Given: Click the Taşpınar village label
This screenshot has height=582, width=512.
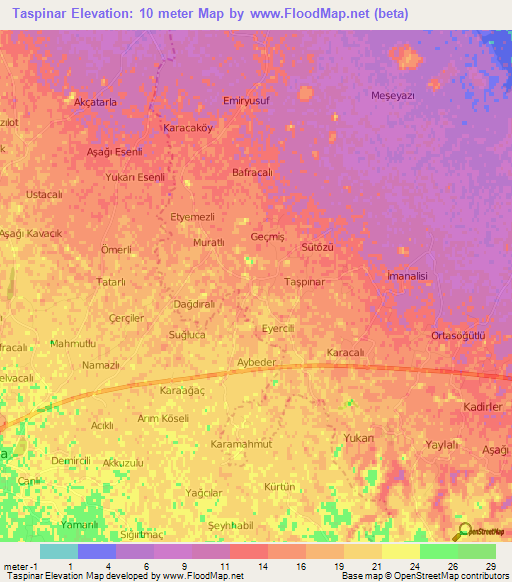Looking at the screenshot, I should point(305,282).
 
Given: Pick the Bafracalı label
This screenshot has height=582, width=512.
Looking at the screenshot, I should point(252,172).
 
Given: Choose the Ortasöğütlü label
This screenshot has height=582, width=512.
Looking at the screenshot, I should point(458,335).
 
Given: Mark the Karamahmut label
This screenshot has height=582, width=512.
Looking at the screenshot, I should point(242,442).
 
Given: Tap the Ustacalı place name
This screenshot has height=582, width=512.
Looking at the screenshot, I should point(45,193).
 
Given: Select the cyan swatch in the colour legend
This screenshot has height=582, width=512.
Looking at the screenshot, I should point(58,551).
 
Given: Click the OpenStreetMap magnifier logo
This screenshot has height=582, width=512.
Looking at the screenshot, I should point(464,532).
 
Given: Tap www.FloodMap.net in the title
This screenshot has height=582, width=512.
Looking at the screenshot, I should point(305,15).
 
